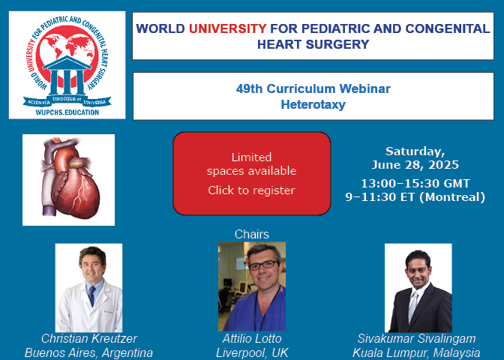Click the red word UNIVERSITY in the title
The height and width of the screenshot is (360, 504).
coord(227,28)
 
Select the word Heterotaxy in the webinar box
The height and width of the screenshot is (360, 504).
coord(313,104)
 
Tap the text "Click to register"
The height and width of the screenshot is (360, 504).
coord(251,190)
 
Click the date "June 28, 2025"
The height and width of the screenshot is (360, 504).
coord(415,165)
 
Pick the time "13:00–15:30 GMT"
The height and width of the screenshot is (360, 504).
coord(415,184)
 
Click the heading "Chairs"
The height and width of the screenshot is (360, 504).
coord(252,234)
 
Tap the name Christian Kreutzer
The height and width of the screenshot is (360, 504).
coord(89,338)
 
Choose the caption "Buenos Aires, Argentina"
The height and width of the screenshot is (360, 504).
coord(88,352)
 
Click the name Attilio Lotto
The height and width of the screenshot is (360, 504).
coord(252,338)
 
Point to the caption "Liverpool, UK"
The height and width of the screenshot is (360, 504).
coord(252,352)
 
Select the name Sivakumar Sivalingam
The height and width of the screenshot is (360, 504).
coord(416,338)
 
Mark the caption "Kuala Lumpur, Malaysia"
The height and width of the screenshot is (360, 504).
coord(416,352)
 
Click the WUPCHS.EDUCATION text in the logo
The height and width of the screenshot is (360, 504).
coord(67,112)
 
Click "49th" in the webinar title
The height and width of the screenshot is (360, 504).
coord(250,88)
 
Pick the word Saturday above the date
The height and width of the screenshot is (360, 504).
coord(415,151)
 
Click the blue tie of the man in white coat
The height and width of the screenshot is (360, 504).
coord(92,295)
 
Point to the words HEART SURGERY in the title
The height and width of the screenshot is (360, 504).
coord(313,44)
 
